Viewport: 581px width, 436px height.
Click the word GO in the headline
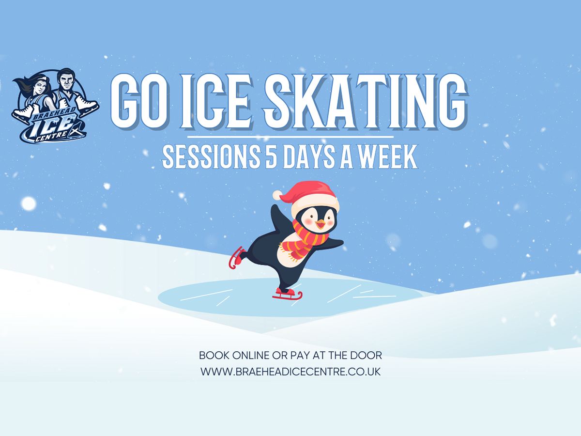(x=139, y=101)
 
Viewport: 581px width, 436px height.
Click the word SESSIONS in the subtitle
(x=211, y=156)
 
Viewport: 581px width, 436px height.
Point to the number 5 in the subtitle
(x=271, y=156)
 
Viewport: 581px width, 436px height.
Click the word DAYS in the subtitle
(x=309, y=156)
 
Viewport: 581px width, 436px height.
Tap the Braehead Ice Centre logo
(x=55, y=106)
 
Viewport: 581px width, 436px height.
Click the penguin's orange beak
(x=321, y=224)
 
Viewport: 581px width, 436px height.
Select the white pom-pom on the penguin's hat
(x=278, y=195)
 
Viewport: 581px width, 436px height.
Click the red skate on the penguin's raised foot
(x=236, y=257)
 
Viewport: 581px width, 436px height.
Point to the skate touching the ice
(x=288, y=294)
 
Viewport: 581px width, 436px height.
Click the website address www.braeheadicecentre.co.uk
(x=290, y=372)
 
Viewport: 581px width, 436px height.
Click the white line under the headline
(x=290, y=137)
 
